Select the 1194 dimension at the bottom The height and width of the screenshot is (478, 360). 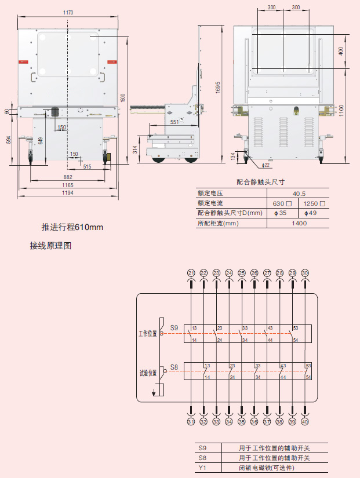(x=68, y=193)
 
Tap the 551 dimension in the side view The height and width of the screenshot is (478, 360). (x=174, y=122)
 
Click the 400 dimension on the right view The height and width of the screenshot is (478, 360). (x=341, y=51)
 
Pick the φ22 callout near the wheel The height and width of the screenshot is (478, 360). (x=266, y=165)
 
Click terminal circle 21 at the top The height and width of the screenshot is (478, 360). (x=191, y=273)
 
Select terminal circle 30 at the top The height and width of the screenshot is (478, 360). (x=306, y=273)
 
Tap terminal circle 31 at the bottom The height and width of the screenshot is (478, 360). (x=191, y=422)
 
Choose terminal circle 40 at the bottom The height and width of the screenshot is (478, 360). (x=306, y=422)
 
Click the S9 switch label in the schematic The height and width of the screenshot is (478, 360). (x=174, y=328)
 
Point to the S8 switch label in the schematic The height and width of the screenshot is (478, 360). (x=174, y=367)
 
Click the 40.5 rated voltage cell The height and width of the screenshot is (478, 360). (x=299, y=194)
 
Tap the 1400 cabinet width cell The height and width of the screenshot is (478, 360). (x=299, y=223)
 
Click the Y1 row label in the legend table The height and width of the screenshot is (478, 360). (x=202, y=468)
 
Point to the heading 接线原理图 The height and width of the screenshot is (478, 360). (x=50, y=246)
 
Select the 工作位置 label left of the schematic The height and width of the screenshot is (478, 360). (x=147, y=334)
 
